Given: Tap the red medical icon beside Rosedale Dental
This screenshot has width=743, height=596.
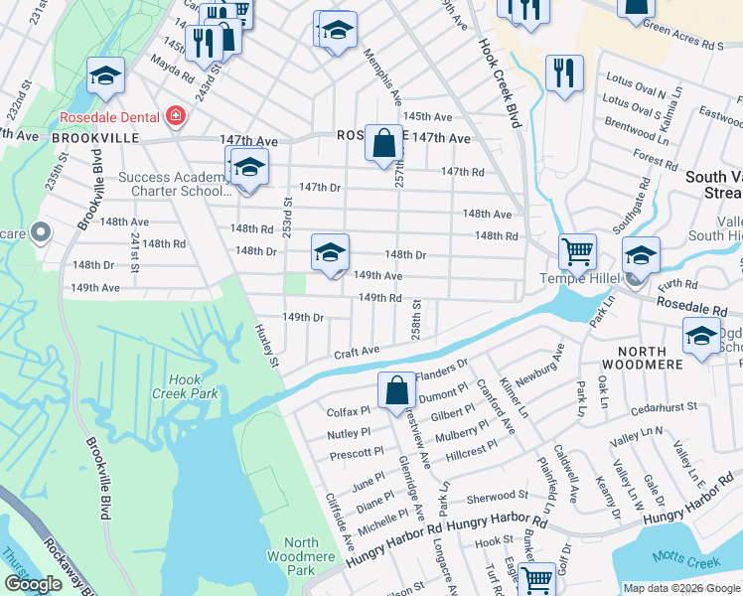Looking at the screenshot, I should [176, 116].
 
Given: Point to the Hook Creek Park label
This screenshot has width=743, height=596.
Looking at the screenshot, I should [185, 386].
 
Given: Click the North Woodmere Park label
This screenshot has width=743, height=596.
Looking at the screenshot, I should [315, 556].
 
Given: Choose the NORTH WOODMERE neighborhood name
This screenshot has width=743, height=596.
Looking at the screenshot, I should [654, 352].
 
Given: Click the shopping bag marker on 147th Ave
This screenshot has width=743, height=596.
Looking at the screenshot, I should [383, 143].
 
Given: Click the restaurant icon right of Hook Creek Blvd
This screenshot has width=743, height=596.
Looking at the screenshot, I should [564, 74].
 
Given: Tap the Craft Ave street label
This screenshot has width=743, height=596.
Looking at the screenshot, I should [357, 352].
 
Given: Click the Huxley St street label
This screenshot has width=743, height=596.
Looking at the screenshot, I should [265, 346].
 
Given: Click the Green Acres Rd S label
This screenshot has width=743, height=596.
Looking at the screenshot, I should [682, 45].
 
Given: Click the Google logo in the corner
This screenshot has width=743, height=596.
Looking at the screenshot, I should [34, 583].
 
